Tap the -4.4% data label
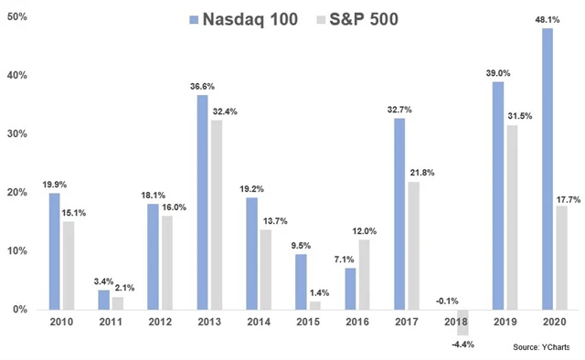(463, 344)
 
